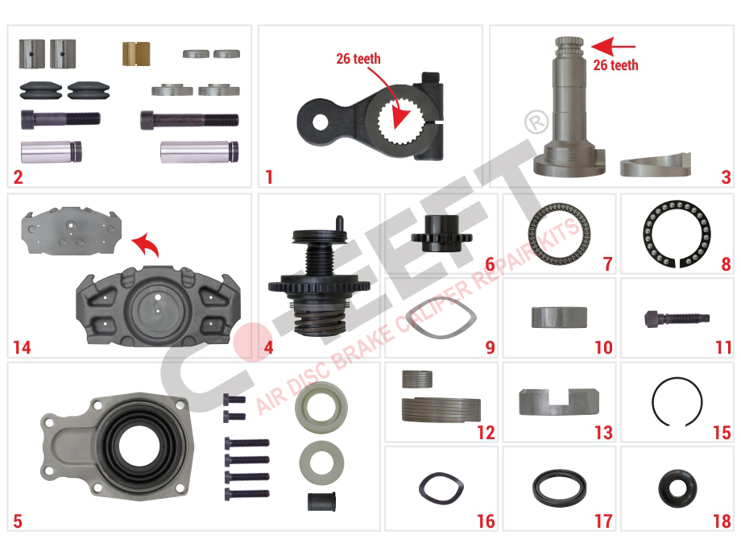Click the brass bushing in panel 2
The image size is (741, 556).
point(136,54)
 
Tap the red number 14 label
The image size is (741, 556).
point(22,347)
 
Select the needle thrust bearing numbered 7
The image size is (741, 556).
point(559,234)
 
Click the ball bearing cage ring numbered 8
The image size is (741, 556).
point(677,205)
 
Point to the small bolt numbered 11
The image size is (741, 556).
point(677,317)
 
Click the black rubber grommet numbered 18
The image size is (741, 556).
point(677,489)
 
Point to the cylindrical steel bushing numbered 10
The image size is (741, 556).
point(559,317)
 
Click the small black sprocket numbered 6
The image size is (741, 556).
point(441,234)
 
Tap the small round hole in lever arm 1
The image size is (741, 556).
point(320,122)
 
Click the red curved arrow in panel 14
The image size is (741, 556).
point(146,244)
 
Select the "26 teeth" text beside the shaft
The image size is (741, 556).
point(615,64)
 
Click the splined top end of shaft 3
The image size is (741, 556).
point(569,46)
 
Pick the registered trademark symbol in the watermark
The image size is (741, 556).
point(536,122)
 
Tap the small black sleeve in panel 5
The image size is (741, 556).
point(322,502)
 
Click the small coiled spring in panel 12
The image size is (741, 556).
point(417,379)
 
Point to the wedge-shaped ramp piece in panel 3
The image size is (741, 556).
point(655,165)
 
